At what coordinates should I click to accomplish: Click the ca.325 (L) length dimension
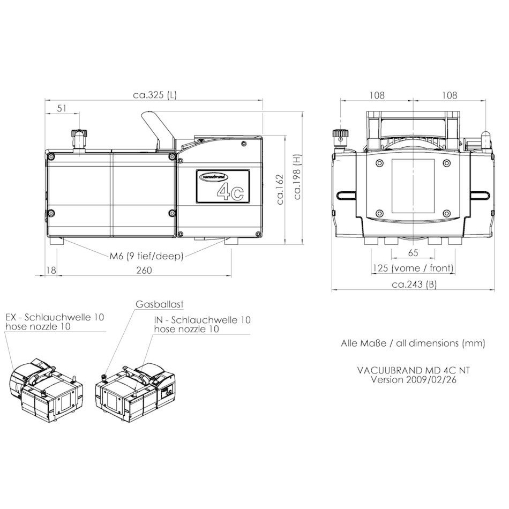click(155, 95)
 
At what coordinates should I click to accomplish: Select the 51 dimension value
click(62, 108)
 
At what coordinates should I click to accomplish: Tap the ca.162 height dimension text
click(280, 190)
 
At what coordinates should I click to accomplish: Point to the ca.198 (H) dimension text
click(297, 177)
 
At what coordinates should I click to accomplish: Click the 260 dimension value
click(144, 270)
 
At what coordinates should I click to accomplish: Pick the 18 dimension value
click(51, 270)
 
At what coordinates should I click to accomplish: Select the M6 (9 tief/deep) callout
click(146, 256)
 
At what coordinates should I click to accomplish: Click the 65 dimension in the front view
click(413, 252)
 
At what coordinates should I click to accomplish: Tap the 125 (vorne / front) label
click(413, 268)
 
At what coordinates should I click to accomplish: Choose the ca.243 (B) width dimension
click(414, 285)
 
